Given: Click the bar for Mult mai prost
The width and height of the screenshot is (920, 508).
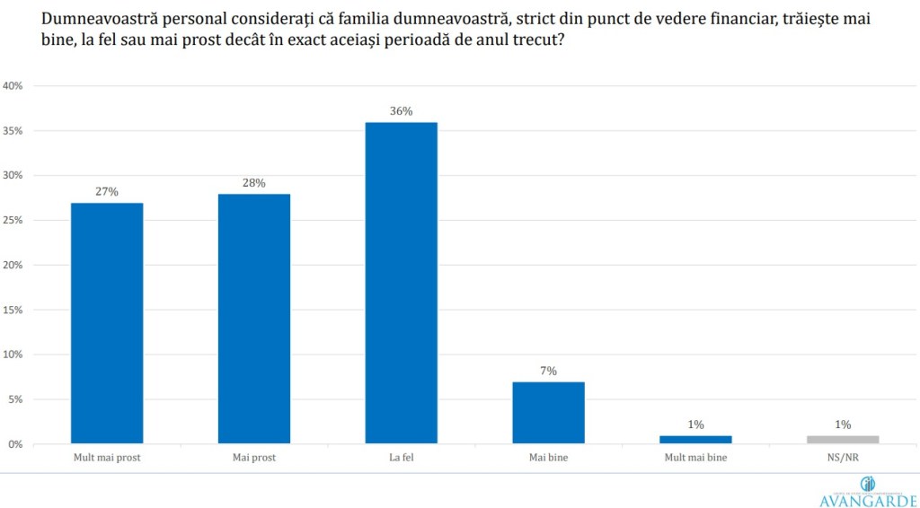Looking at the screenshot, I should tap(107, 323).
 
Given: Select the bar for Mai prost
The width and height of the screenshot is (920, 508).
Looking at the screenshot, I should tap(254, 319).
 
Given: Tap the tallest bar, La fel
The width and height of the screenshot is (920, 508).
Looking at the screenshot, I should tap(401, 283).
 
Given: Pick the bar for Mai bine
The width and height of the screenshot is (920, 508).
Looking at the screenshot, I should tap(548, 413).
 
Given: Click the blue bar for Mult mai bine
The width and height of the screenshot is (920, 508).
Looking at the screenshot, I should tap(695, 440).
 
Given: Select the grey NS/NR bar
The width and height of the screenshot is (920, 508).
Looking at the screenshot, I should tap(842, 440).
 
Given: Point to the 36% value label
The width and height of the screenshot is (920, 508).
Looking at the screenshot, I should tap(401, 111).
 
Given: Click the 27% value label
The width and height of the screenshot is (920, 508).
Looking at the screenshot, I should tap(107, 191).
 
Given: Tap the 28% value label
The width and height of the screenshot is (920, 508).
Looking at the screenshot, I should tap(254, 183).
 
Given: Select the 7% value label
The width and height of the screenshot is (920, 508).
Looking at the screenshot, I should tap(548, 371).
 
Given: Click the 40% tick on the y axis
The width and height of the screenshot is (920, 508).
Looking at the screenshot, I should tap(13, 86).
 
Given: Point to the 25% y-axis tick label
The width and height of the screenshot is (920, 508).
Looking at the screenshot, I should tap(13, 221).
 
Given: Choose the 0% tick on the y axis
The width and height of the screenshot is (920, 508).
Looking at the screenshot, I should tap(15, 444).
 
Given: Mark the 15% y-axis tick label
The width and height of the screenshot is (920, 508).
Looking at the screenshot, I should tap(13, 310).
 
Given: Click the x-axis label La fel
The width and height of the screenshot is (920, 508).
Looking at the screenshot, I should tap(401, 458).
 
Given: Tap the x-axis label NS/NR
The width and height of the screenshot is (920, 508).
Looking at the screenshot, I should tap(842, 458).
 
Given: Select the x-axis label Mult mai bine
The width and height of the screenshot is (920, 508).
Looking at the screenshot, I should tap(695, 458).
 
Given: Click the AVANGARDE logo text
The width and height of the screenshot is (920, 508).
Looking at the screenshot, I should tap(868, 501).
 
